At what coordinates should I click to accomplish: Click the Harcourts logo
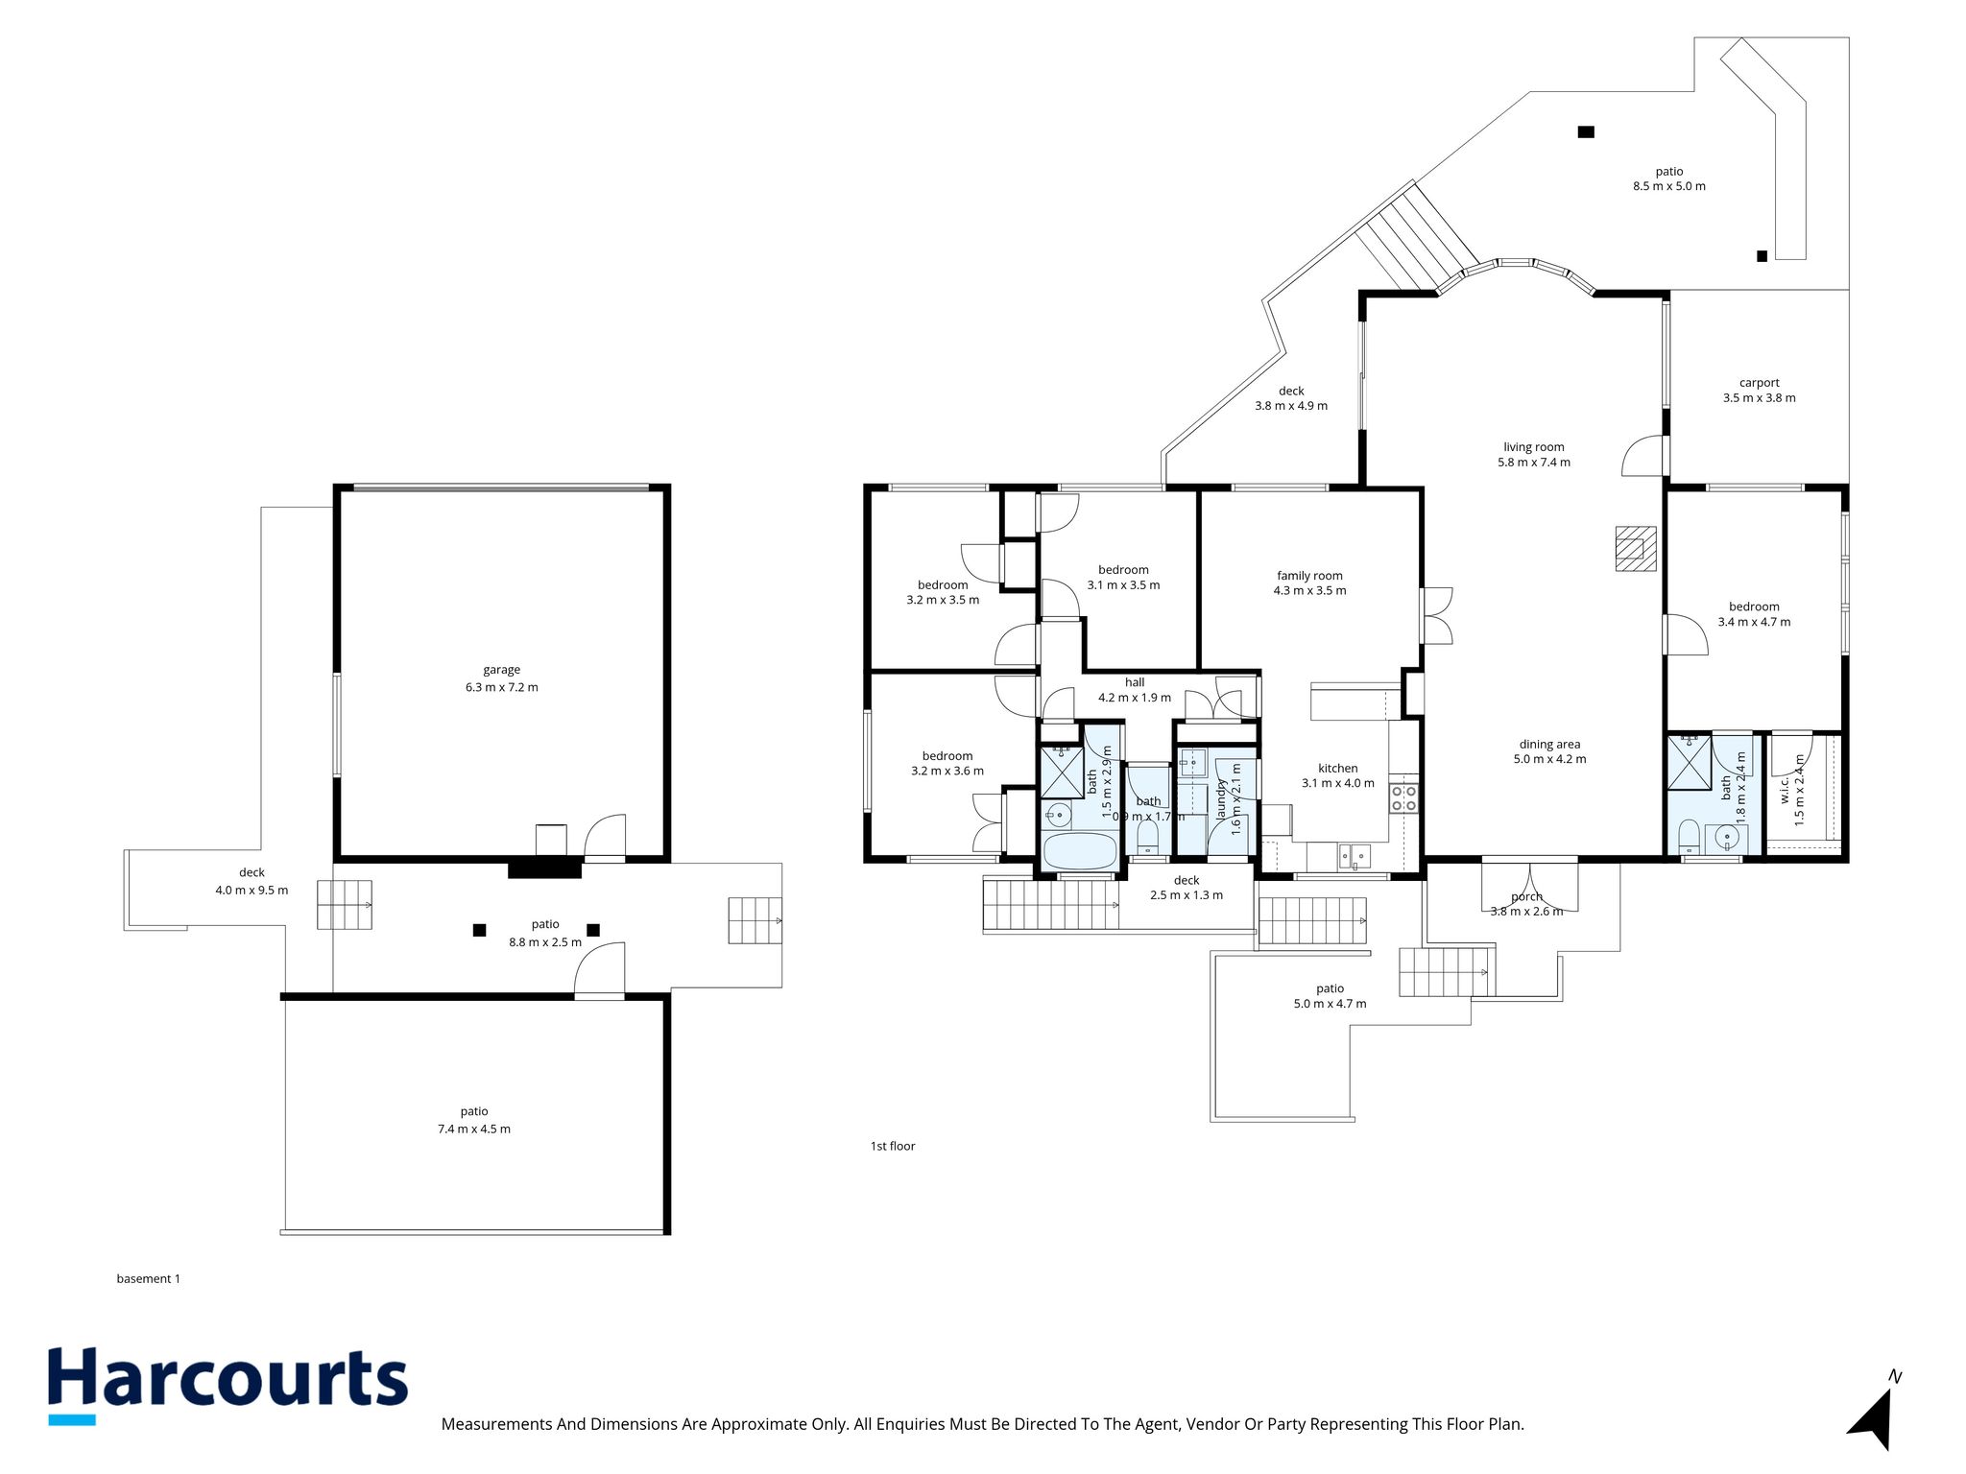pyautogui.click(x=228, y=1385)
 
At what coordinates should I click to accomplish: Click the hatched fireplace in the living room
pyautogui.click(x=1636, y=548)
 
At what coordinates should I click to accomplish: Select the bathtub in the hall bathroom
pyautogui.click(x=1080, y=851)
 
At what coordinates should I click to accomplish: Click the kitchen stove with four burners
pyautogui.click(x=1403, y=798)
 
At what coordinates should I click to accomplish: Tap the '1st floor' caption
pyautogui.click(x=893, y=1146)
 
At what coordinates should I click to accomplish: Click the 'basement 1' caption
pyautogui.click(x=149, y=1278)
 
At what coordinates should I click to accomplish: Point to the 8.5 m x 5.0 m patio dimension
pyautogui.click(x=1669, y=186)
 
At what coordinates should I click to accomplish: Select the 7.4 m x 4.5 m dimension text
pyautogui.click(x=474, y=1129)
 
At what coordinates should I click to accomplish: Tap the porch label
pyautogui.click(x=1526, y=897)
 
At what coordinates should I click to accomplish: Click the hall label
pyautogui.click(x=1135, y=682)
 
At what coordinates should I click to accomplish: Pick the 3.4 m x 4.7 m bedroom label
pyautogui.click(x=1754, y=614)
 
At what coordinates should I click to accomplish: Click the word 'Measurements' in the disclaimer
pyautogui.click(x=496, y=1424)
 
